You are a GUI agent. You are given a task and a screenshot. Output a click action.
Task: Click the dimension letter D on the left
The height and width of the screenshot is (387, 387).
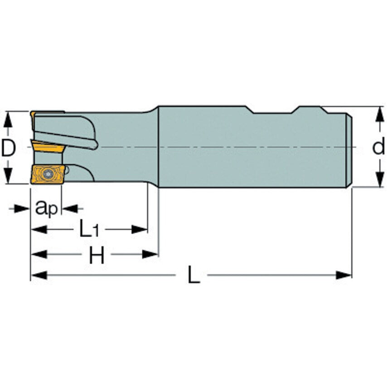tap(9, 148)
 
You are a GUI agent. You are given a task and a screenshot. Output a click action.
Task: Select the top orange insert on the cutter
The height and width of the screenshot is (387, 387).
tap(48, 113)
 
